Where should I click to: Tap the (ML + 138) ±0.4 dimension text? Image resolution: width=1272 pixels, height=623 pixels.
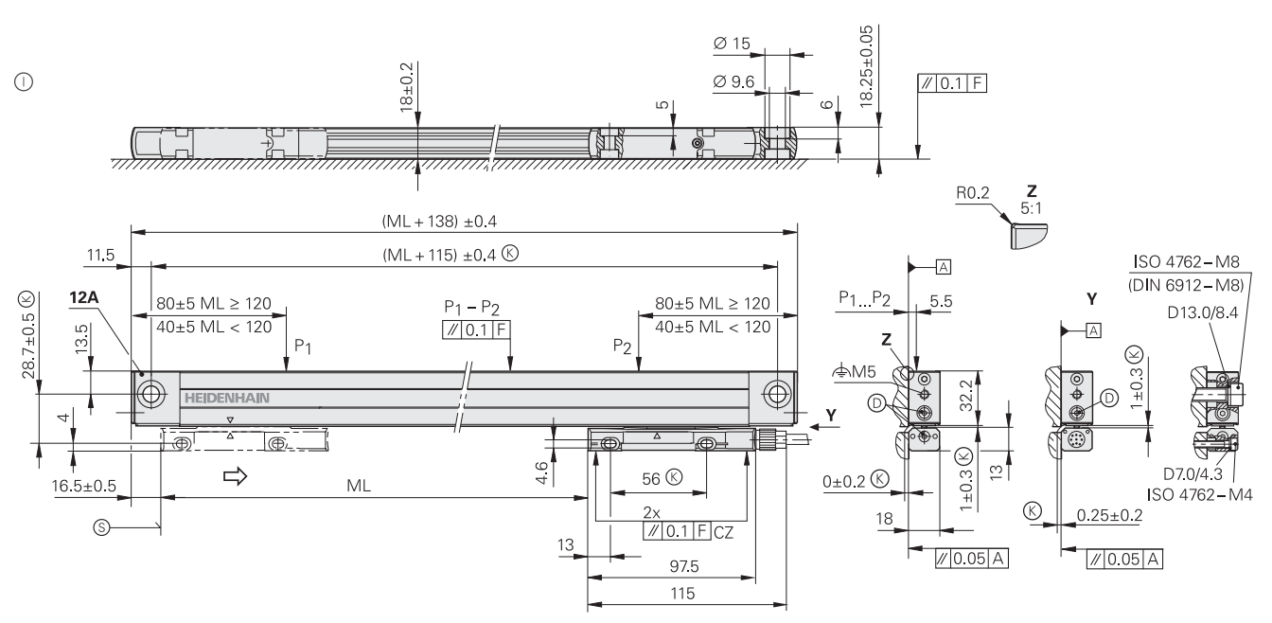pyautogui.click(x=438, y=221)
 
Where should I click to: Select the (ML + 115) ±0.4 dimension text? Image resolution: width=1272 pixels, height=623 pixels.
pyautogui.click(x=445, y=256)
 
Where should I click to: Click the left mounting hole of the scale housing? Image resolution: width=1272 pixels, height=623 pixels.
pyautogui.click(x=150, y=395)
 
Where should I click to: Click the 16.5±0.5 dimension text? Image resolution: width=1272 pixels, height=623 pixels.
pyautogui.click(x=84, y=486)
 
